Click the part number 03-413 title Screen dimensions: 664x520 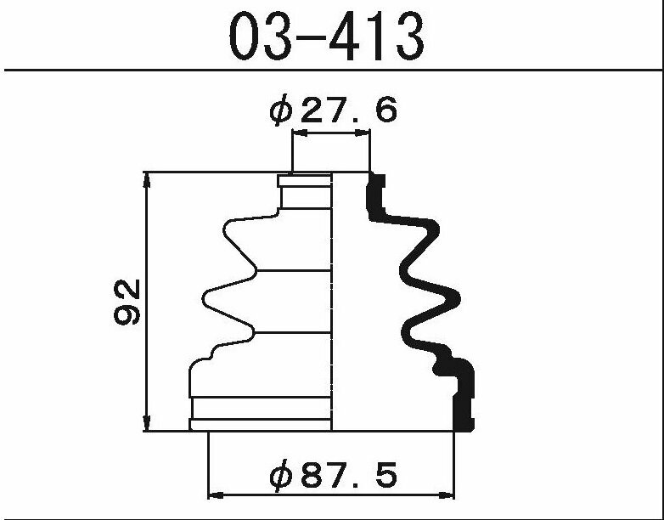[x=326, y=36]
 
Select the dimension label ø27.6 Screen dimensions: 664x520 [x=333, y=110]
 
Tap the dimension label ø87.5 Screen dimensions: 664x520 [x=333, y=475]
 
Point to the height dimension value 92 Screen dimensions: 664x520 [x=127, y=302]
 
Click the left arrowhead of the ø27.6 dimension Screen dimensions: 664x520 [x=300, y=133]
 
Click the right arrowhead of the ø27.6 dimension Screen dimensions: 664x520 [x=362, y=133]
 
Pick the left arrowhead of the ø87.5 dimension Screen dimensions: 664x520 [x=216, y=495]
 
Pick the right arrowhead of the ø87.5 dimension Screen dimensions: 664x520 [x=446, y=495]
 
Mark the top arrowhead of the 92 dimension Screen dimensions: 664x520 [x=147, y=180]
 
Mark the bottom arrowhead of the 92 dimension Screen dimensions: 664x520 [x=147, y=423]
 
